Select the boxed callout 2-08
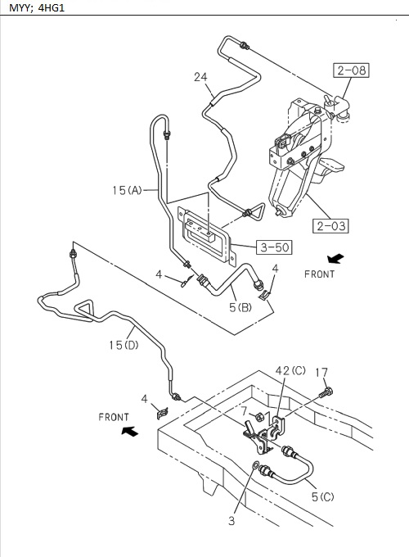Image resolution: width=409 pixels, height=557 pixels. click(350, 70)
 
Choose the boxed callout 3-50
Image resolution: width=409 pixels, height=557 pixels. click(275, 246)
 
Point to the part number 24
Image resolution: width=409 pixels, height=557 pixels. click(200, 77)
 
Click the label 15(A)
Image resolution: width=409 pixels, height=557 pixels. click(127, 190)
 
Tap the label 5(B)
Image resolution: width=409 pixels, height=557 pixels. click(239, 307)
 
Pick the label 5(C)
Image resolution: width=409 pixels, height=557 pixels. click(321, 496)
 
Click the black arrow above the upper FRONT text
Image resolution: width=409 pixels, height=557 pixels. click(335, 258)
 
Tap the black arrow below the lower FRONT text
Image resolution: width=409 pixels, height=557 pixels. click(128, 431)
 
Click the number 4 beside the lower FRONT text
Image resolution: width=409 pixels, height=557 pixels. click(145, 399)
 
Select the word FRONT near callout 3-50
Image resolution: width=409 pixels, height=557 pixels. click(319, 274)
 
